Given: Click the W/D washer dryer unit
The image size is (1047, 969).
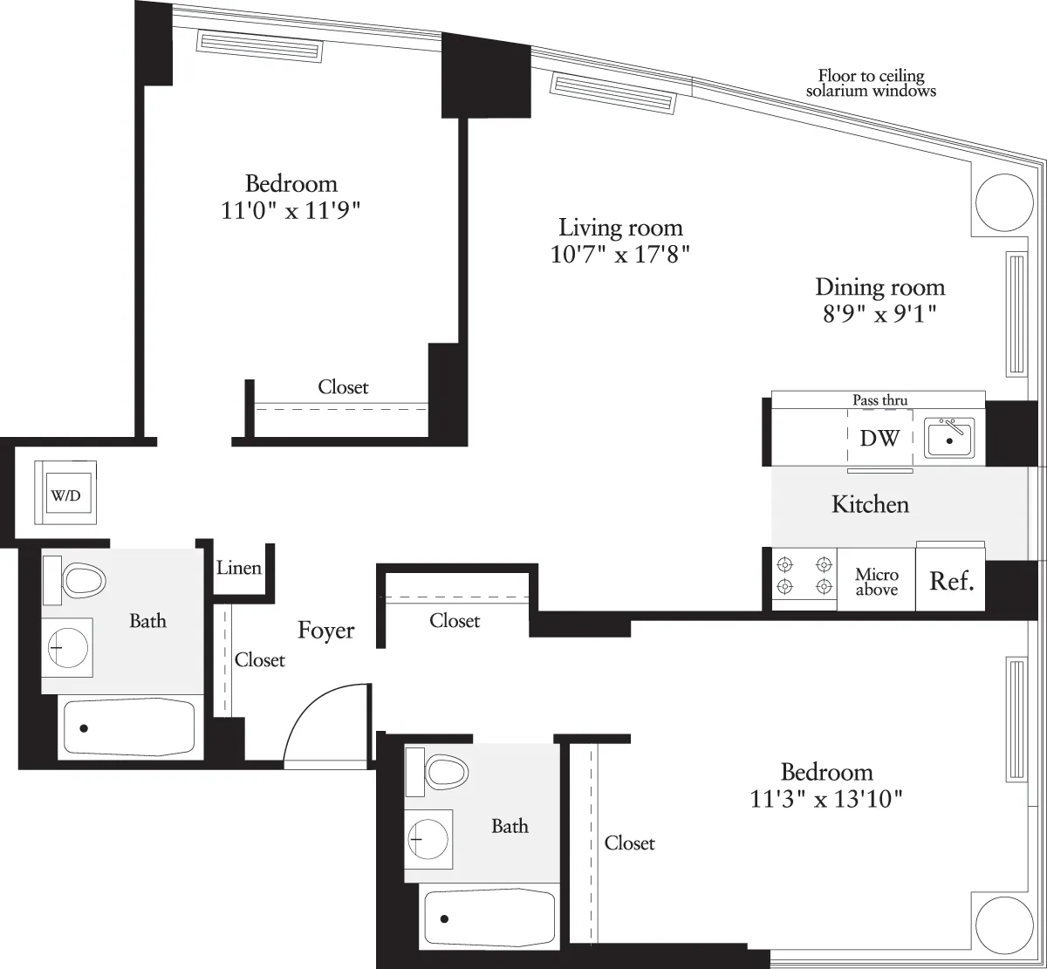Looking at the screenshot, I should pos(65,495).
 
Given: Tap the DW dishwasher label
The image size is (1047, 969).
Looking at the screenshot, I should pos(879,439).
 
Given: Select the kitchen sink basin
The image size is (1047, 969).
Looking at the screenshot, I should pos(949,439).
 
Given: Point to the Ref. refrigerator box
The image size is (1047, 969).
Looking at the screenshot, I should pos(950,581).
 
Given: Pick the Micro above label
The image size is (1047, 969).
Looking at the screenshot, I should pos(876,583).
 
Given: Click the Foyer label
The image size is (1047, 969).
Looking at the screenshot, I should pos(325,631).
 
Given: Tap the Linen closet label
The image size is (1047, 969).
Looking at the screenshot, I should pos(239,569).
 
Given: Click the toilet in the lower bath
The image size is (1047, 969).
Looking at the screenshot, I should pos(444,771).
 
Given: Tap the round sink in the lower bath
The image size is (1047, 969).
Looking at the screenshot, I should pos(428,839).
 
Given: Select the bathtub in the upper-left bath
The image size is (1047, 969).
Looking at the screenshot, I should pos(128,727).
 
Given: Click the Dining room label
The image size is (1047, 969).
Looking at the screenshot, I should pos(879,287).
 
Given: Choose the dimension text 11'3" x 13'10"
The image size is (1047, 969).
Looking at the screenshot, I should pos(826,798).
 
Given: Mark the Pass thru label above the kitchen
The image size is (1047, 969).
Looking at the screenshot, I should pos(879,400).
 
